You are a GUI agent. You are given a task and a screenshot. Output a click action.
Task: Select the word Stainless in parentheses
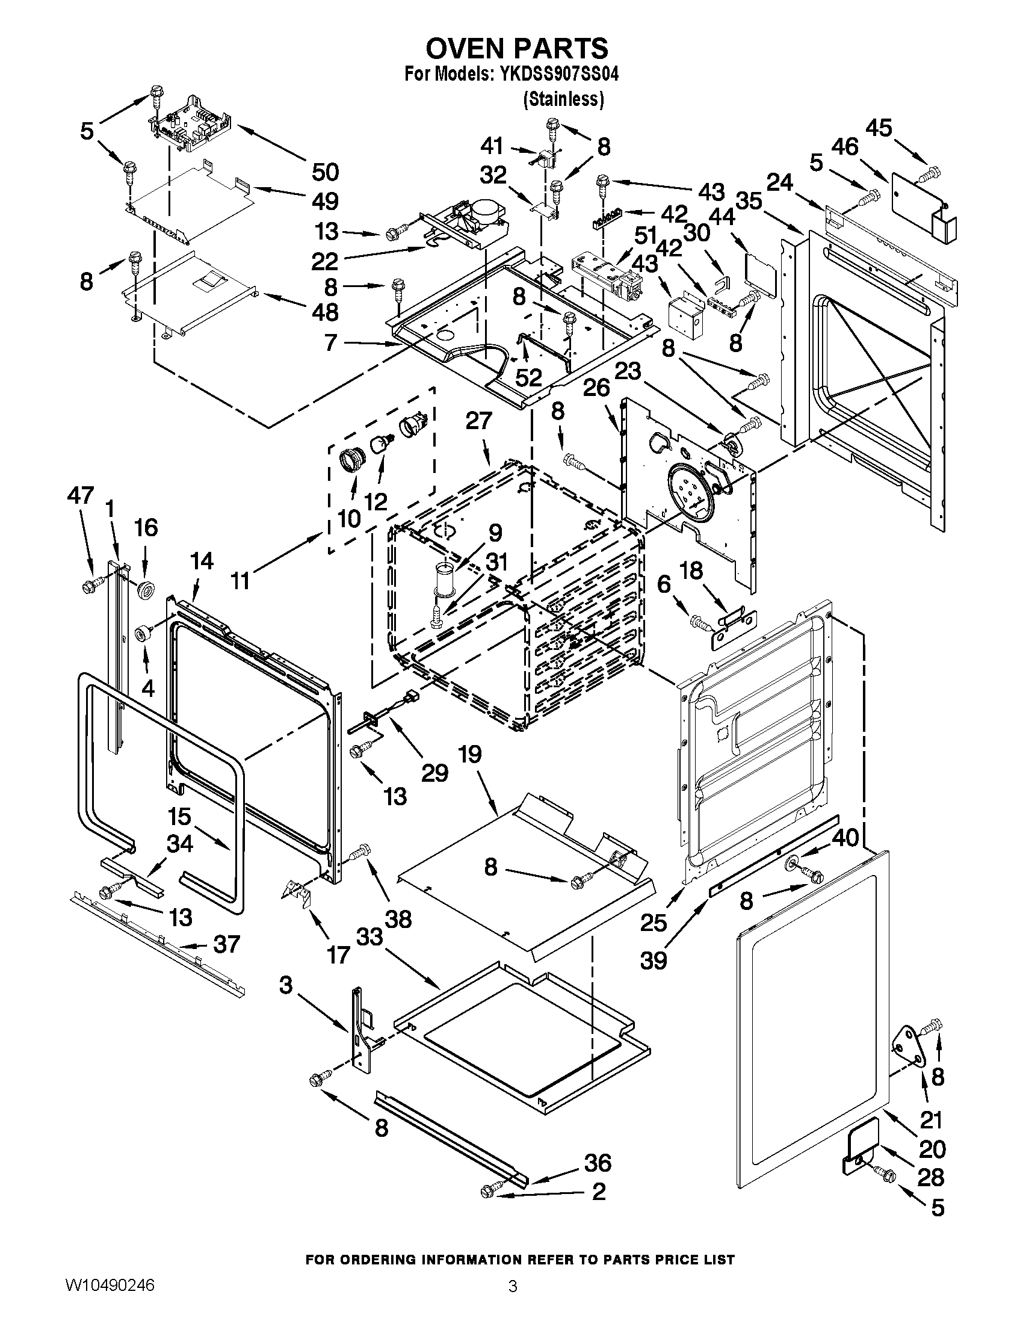pos(564,99)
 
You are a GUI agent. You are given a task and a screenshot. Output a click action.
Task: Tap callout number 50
pos(325,172)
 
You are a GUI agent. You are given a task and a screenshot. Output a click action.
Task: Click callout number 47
pos(80,495)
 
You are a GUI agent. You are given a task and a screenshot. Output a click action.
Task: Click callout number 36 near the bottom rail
pos(597,1163)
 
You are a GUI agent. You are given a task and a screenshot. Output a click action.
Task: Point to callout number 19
pos(470,754)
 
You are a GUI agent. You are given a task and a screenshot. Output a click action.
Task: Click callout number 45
pos(879,128)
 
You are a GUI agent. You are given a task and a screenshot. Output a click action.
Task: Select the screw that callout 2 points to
pos(490,1191)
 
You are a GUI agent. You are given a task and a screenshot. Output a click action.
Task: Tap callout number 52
pos(528,378)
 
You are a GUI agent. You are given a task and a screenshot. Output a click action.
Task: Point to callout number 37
pos(226,944)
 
